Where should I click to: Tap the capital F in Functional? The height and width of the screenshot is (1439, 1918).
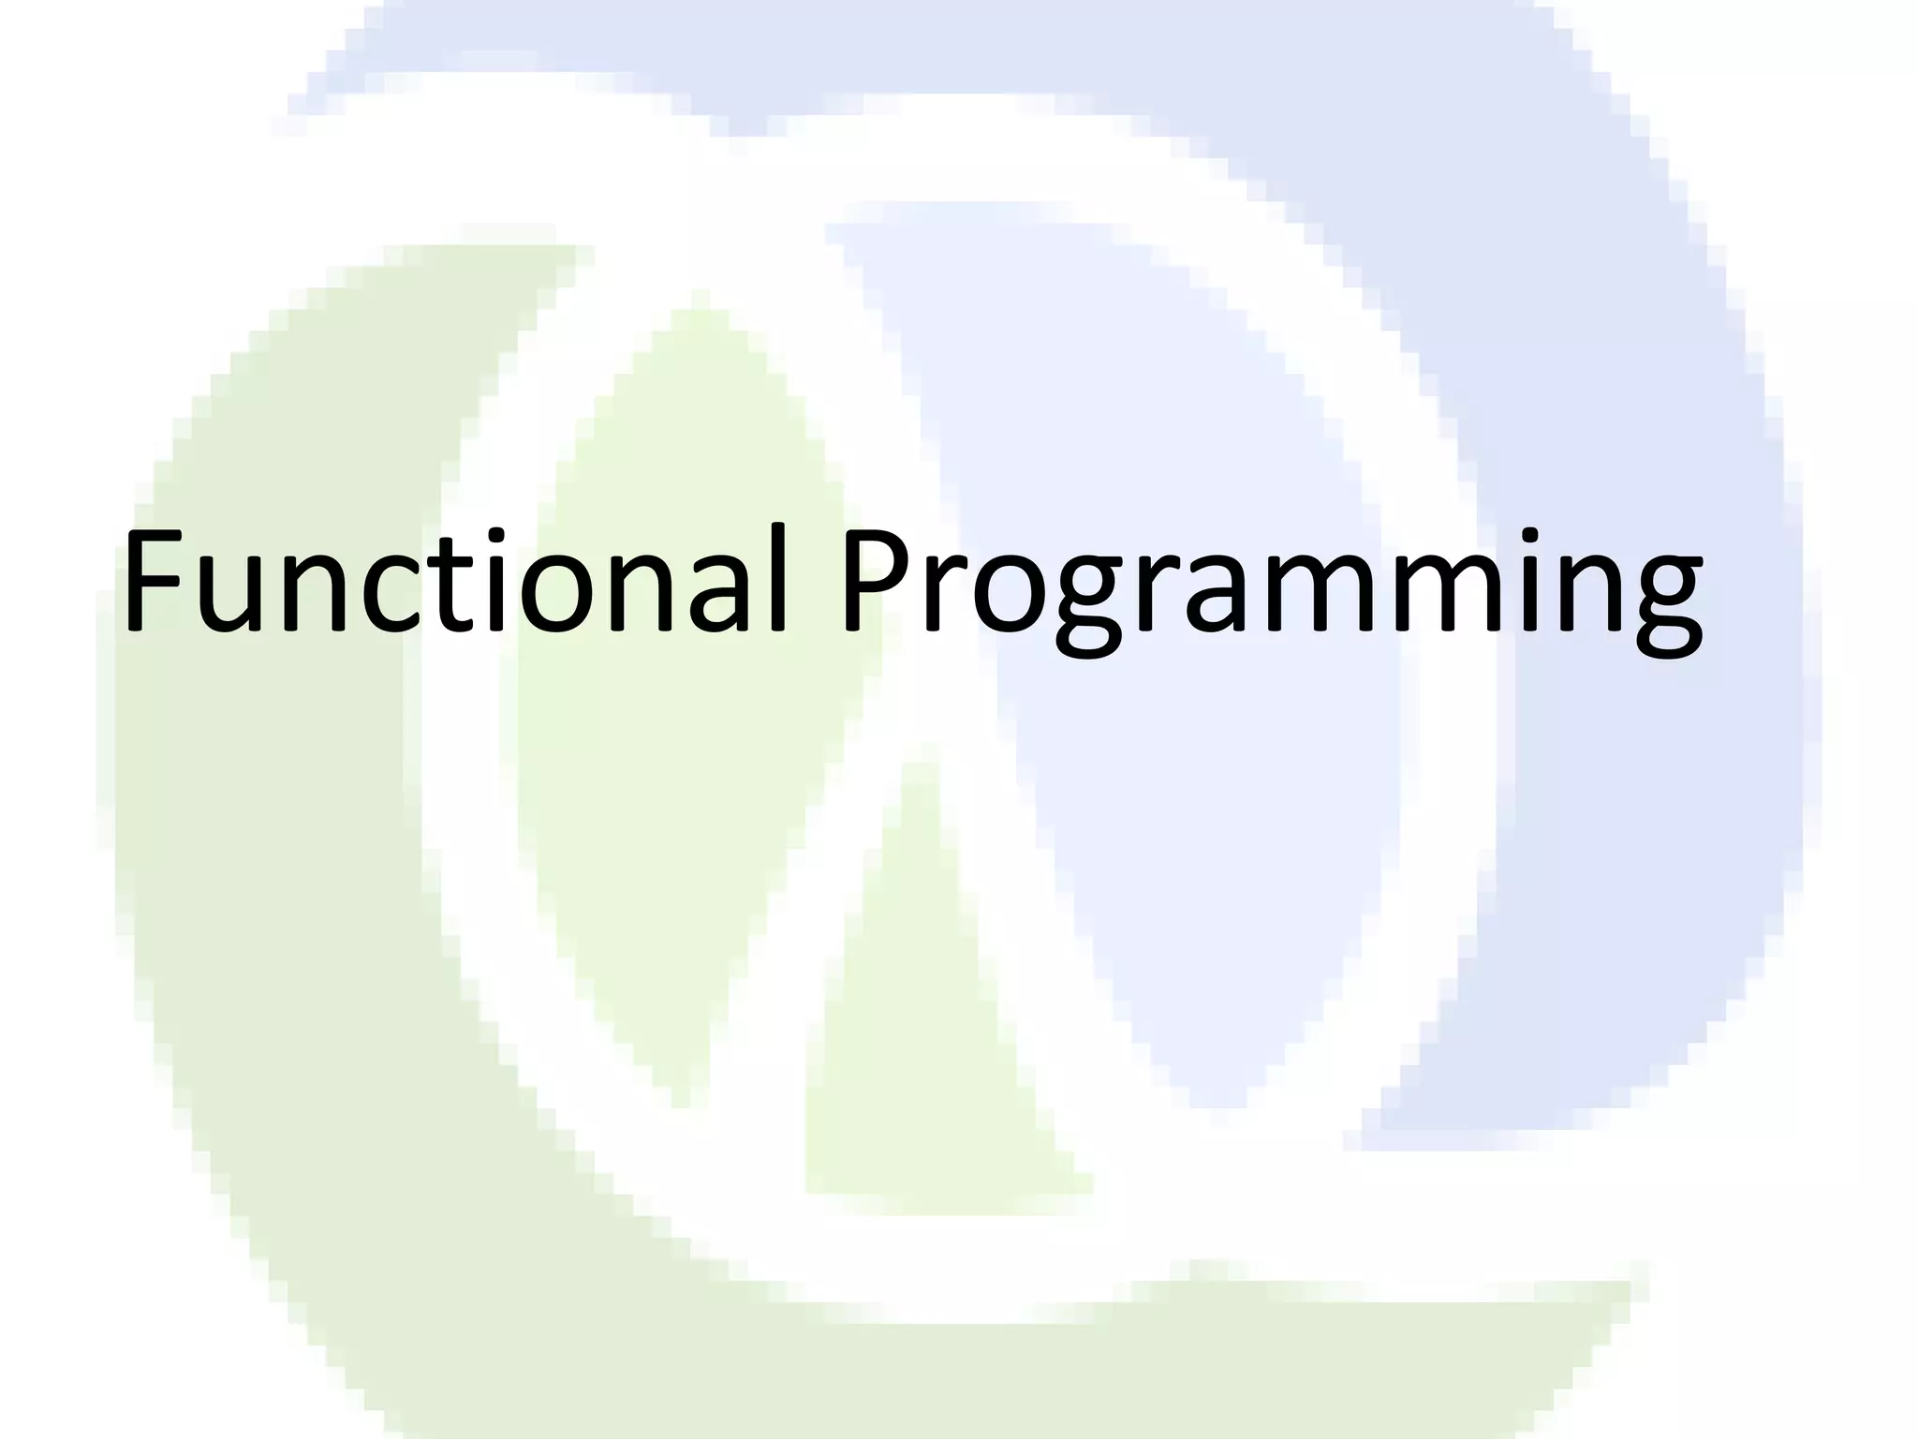pyautogui.click(x=156, y=583)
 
